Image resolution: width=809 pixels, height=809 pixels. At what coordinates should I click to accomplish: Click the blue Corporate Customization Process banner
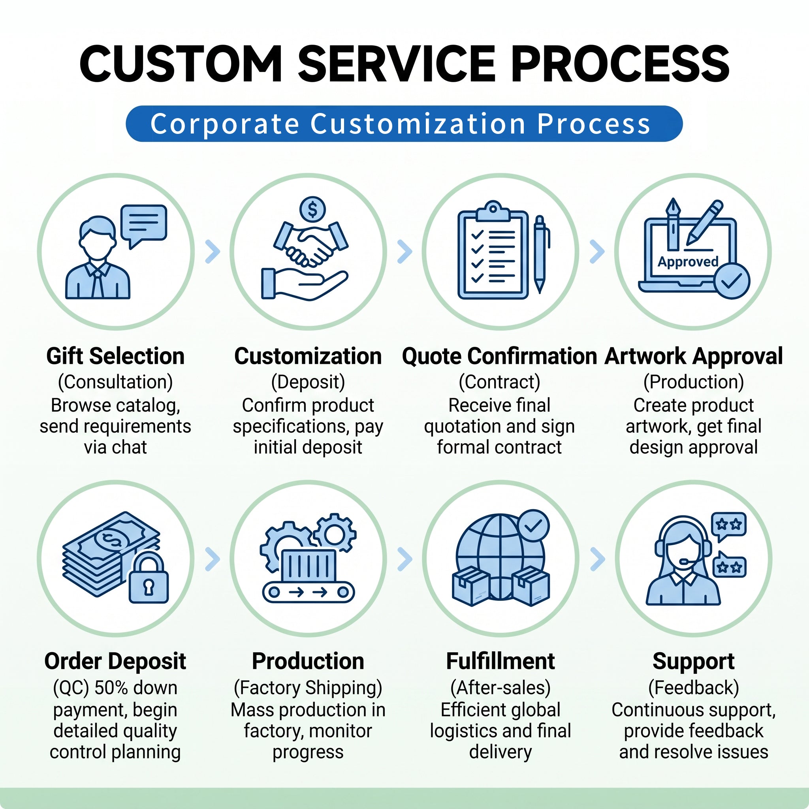(404, 124)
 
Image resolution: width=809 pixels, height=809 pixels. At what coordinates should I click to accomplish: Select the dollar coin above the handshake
(312, 209)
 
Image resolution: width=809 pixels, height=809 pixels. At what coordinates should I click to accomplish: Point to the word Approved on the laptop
(688, 262)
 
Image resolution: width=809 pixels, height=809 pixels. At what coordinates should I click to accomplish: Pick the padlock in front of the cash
(148, 578)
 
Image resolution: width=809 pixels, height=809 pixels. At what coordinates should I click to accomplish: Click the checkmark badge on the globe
(533, 525)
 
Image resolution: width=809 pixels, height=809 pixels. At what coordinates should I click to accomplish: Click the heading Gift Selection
(116, 356)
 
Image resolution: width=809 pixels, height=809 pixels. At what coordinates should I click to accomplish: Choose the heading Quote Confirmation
(500, 356)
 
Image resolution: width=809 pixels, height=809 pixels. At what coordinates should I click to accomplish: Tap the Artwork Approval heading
(693, 356)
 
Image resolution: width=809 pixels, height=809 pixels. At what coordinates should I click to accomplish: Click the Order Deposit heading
(115, 661)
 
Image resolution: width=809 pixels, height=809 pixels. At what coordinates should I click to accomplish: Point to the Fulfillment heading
(500, 661)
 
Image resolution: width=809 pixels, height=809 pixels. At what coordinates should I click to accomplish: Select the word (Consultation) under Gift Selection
(116, 382)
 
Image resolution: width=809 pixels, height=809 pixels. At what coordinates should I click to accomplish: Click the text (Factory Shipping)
(308, 688)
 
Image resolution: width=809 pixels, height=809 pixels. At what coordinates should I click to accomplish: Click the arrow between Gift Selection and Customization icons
(213, 251)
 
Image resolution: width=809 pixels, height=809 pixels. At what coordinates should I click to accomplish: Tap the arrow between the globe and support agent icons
(598, 559)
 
